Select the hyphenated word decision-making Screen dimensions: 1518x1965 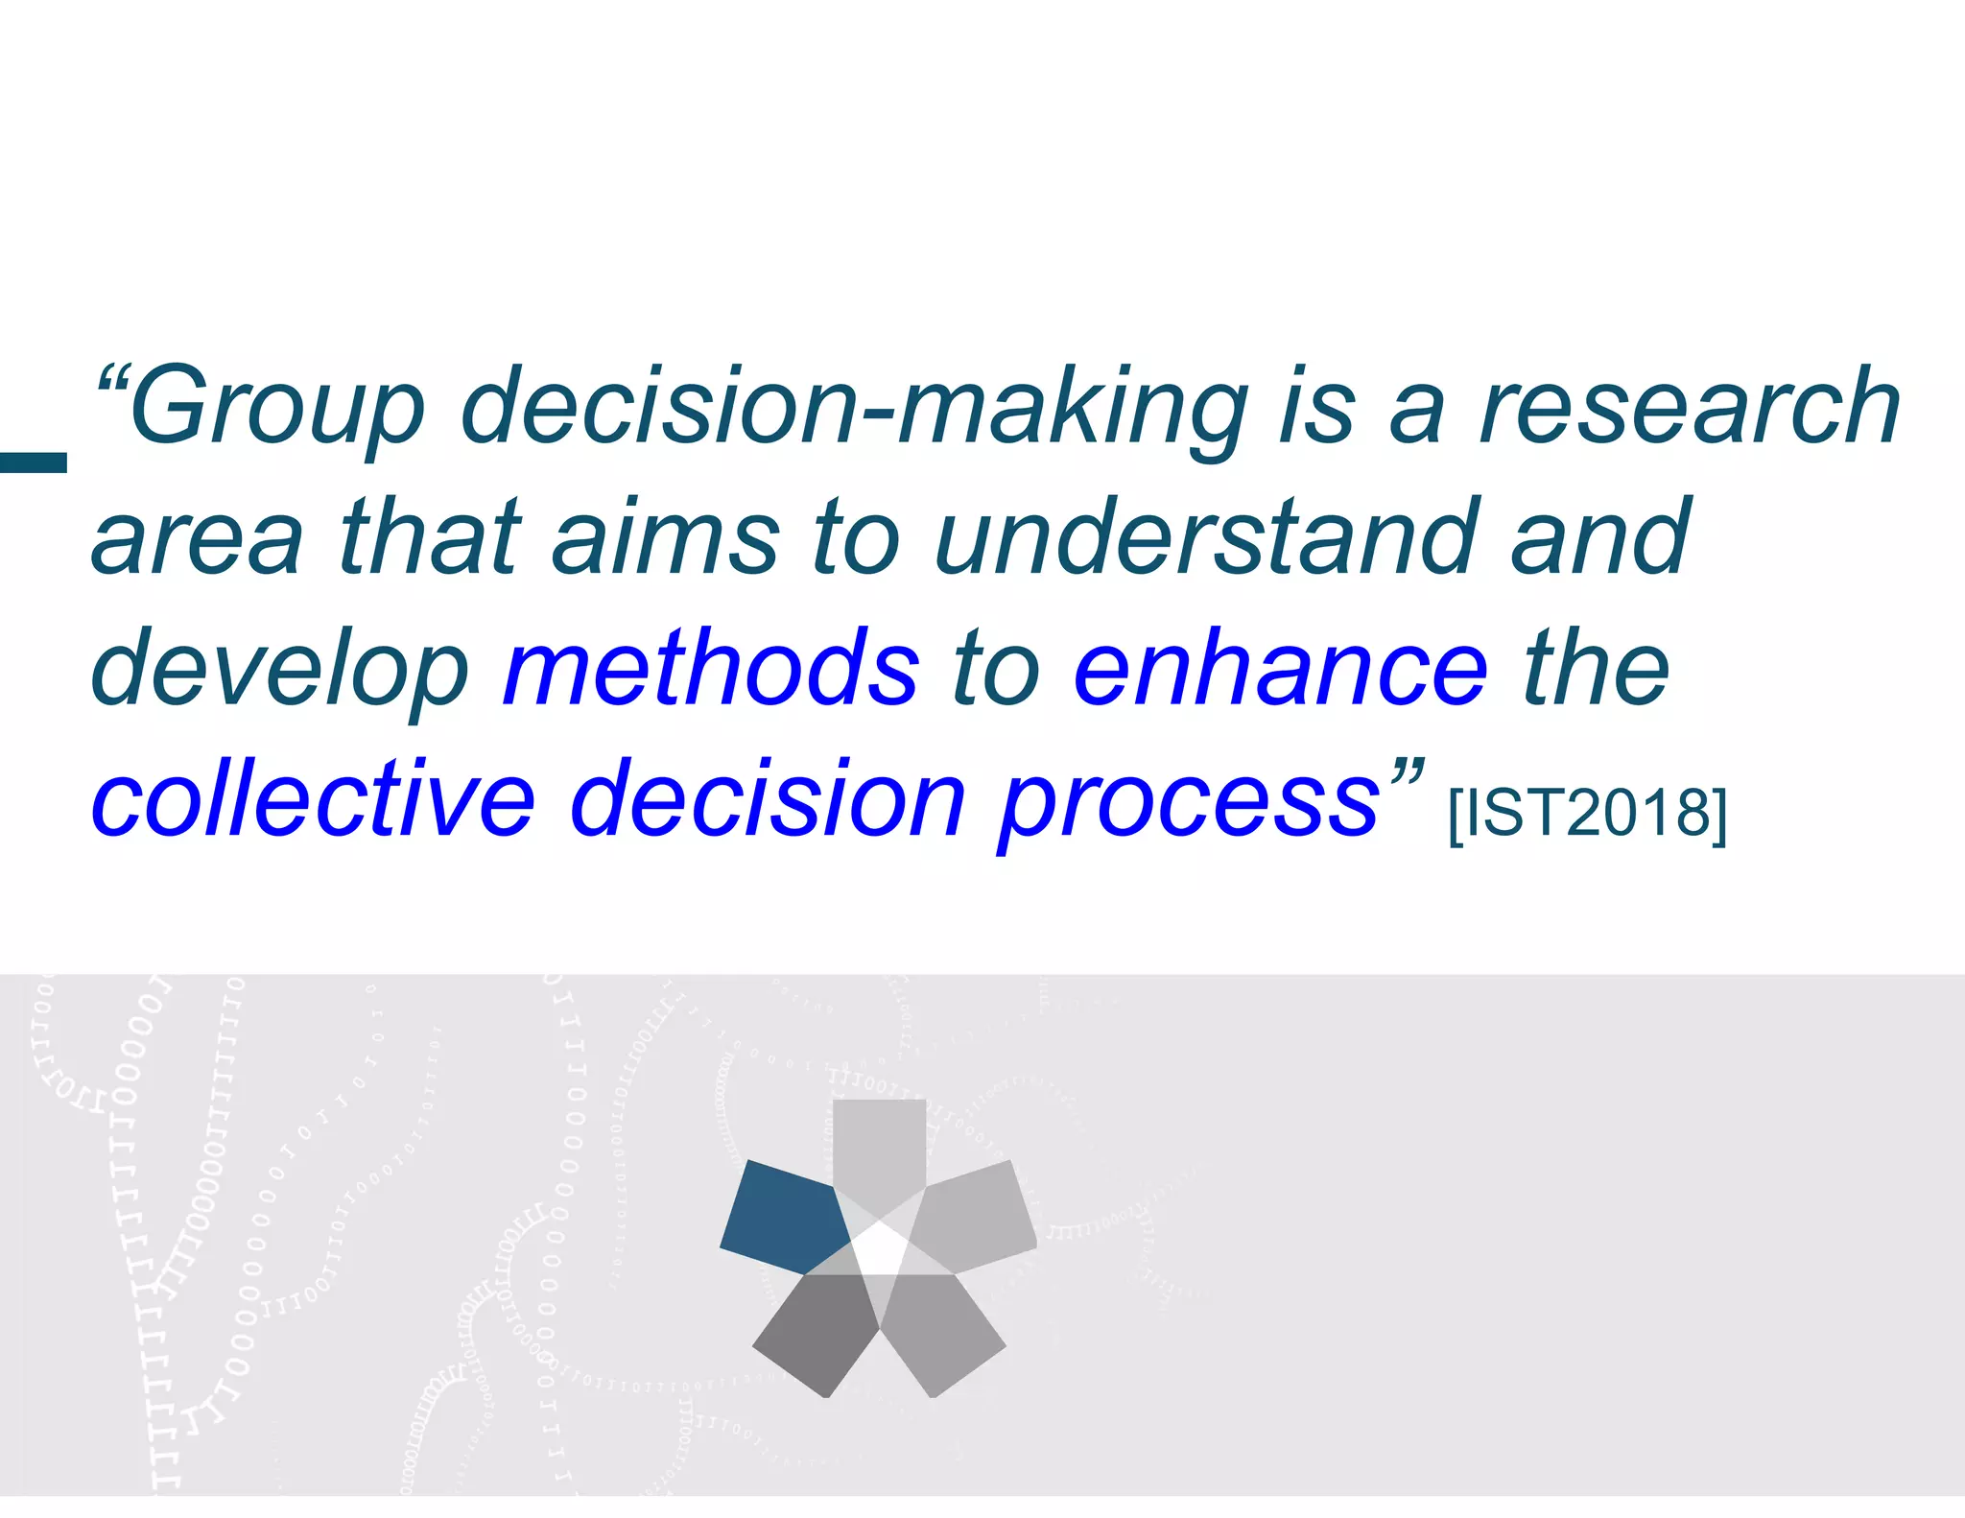tap(854, 408)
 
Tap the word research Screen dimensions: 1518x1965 tap(1689, 408)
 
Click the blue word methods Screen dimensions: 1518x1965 tap(710, 670)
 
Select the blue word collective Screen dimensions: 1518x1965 tap(312, 799)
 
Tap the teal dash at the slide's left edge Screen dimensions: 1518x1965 tap(34, 463)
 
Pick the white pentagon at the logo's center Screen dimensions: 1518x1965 tap(880, 1248)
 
